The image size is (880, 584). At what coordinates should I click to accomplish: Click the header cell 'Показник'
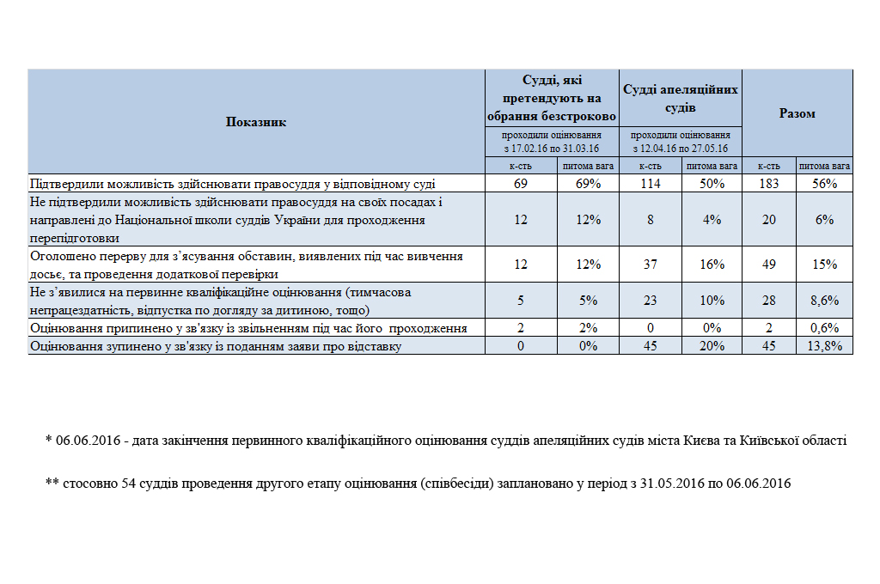pos(256,122)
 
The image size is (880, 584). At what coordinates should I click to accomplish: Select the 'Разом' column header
pos(797,113)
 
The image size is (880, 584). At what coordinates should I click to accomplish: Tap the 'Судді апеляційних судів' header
pos(681,99)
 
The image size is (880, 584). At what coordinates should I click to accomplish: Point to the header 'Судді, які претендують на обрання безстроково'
pos(552,98)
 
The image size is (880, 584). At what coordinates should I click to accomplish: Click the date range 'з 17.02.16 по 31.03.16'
pos(552,148)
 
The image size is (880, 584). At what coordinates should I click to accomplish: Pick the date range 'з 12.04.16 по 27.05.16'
pos(681,148)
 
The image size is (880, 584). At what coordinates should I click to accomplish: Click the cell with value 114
pos(651,184)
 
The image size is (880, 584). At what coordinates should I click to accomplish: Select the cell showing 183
pos(769,184)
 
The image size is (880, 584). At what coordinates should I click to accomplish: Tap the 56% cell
pos(825,184)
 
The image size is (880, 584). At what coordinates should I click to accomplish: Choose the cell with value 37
pos(651,265)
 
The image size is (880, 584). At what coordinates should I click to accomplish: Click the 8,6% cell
pos(825,301)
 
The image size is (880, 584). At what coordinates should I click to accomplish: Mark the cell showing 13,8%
pos(825,345)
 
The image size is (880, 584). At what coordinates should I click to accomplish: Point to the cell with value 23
pos(651,301)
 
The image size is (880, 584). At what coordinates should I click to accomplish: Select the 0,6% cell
pos(825,328)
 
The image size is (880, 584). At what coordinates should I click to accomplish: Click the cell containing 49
pos(769,265)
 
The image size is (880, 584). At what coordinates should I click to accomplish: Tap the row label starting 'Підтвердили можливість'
pos(232,184)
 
